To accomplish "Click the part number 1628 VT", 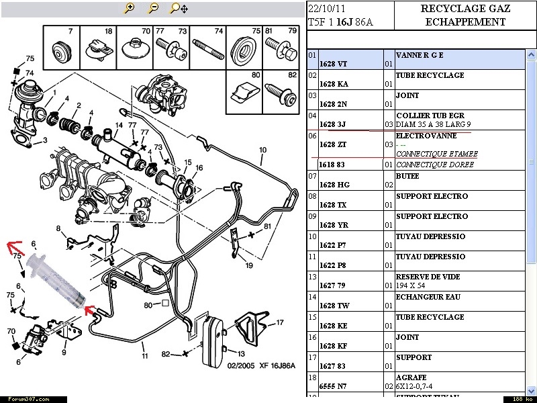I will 333,64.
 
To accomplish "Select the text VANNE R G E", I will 420,55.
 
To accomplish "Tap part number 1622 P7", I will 333,246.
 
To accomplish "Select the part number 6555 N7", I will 334,387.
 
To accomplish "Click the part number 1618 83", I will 333,165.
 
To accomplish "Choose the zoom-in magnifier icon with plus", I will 130,9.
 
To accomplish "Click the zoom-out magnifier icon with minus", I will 153,9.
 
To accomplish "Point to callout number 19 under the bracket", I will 248,265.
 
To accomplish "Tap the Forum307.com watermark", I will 25,398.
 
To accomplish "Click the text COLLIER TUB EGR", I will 430,116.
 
